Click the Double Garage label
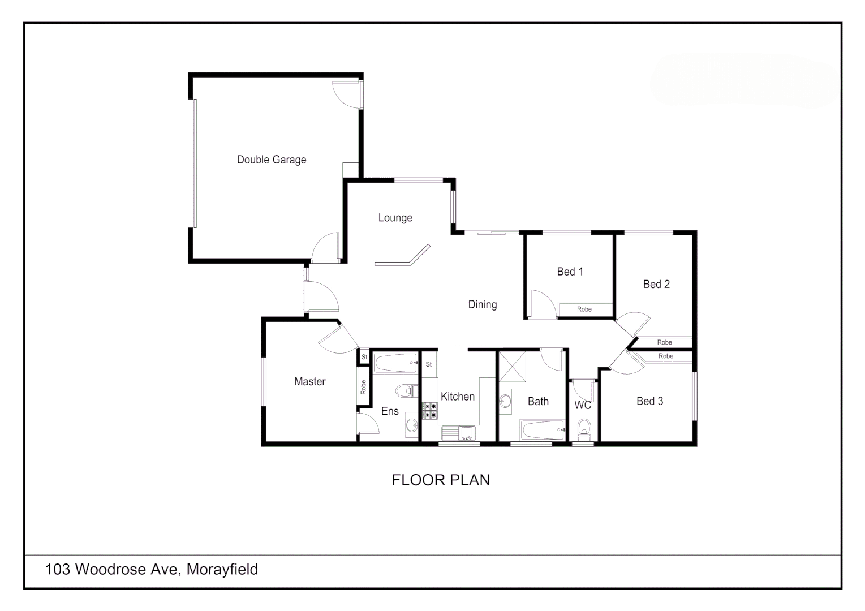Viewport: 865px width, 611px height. click(x=272, y=160)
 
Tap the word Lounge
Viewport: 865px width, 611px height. click(x=395, y=218)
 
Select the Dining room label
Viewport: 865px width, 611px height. click(x=482, y=304)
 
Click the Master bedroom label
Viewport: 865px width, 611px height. click(x=309, y=381)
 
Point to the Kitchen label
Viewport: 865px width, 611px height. click(x=457, y=397)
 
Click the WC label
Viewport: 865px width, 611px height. click(x=582, y=405)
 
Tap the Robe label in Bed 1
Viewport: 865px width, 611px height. click(x=584, y=309)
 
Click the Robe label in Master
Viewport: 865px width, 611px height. click(x=363, y=387)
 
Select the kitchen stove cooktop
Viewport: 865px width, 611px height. click(x=429, y=411)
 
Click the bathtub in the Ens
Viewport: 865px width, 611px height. click(x=395, y=363)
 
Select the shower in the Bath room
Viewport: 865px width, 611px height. click(x=513, y=366)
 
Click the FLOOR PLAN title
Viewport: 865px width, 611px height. click(x=441, y=480)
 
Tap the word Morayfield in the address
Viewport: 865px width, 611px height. click(x=222, y=569)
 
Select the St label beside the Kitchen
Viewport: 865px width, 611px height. click(x=429, y=364)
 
